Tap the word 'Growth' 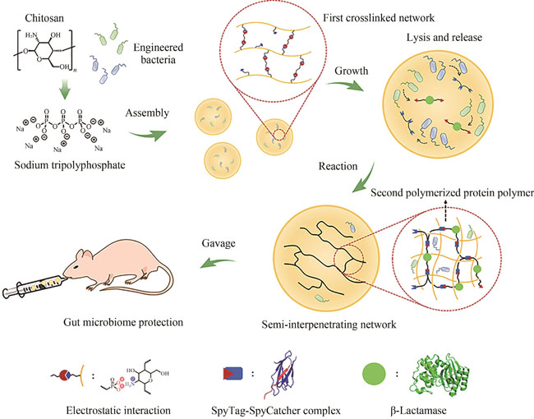pyautogui.click(x=351, y=71)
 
